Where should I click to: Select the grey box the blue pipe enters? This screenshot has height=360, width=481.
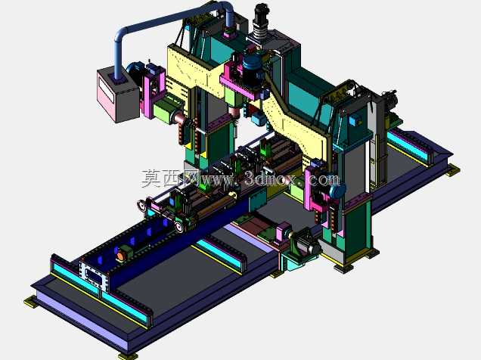[x=118, y=95]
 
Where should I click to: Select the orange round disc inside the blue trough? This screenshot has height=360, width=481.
[x=120, y=256]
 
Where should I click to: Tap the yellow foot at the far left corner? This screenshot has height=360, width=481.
[x=31, y=302]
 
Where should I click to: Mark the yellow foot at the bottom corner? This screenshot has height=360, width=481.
[x=128, y=356]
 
